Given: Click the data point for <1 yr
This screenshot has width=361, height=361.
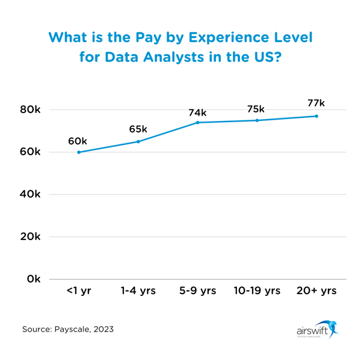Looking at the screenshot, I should click(79, 152).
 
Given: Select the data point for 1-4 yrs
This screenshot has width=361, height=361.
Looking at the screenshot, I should click(138, 141).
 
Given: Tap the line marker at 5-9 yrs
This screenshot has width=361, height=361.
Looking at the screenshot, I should click(197, 123).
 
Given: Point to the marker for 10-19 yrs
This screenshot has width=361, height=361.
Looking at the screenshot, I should click(257, 120).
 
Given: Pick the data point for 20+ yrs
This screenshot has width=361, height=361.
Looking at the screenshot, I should click(316, 116).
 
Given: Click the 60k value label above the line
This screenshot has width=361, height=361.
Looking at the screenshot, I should click(78, 141).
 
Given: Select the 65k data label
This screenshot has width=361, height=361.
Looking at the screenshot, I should click(138, 129).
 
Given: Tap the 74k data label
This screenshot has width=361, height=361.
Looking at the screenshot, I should click(197, 113).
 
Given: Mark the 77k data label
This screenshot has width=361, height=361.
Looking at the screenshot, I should click(316, 104).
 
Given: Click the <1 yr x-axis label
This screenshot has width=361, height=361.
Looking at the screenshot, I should click(79, 291).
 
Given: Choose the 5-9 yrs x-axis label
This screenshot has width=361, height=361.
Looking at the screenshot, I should click(197, 291).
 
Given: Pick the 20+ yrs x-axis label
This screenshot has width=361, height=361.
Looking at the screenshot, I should click(316, 291).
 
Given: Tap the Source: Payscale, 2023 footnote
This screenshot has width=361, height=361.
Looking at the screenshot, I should click(68, 329).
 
